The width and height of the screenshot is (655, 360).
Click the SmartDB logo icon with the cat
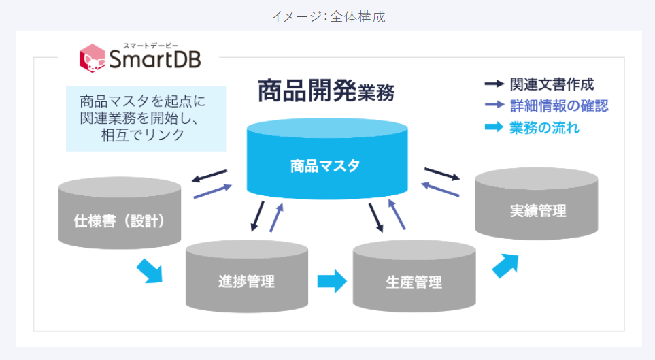pos(93,58)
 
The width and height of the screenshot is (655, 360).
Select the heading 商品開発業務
pos(326,91)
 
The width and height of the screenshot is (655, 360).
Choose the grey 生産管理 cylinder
pos(414,280)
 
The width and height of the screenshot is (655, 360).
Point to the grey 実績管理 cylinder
pos(537,210)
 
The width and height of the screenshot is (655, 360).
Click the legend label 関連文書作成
pos(552,84)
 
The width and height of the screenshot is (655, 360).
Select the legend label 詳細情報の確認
pos(559,105)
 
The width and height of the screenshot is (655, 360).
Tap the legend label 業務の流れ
pos(544,127)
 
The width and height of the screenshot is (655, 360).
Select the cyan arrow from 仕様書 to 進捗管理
pos(149,270)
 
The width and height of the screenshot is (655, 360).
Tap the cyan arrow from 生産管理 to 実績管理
pos(505,265)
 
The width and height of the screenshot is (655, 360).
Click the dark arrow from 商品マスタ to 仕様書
pos(209,176)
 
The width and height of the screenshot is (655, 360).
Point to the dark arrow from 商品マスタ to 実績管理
pos(442,174)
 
